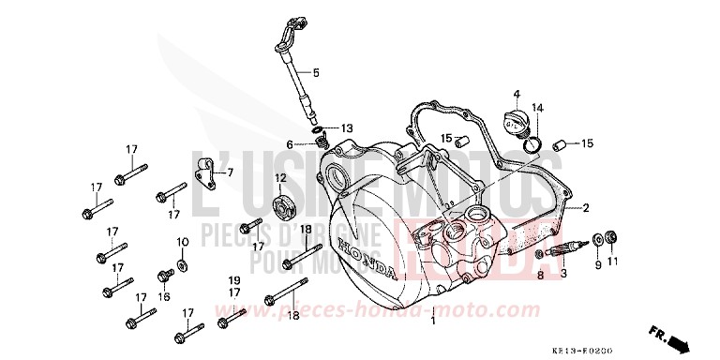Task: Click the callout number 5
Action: click(x=316, y=72)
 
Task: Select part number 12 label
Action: click(x=280, y=178)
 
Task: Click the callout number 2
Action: click(x=586, y=207)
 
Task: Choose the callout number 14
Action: click(x=537, y=107)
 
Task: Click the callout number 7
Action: click(x=232, y=172)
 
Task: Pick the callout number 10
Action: click(x=183, y=242)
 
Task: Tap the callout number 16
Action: click(x=164, y=296)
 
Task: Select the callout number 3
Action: click(x=563, y=274)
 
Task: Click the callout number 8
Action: click(x=540, y=274)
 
